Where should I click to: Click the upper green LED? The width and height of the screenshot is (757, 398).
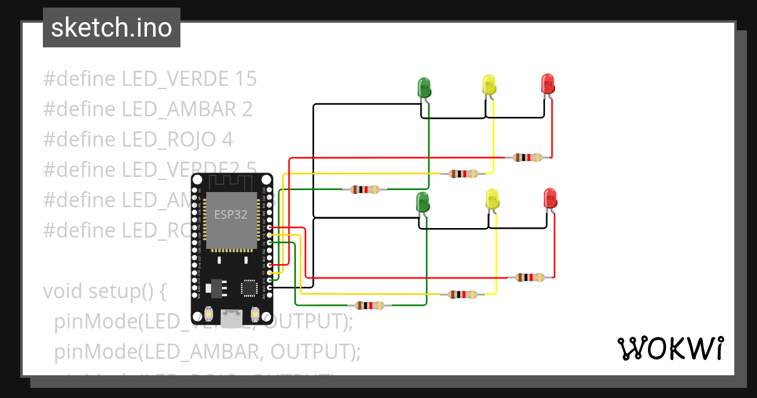coord(424,87)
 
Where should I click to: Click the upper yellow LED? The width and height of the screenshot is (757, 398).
coord(489,85)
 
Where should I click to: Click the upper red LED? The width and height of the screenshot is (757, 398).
coord(548,84)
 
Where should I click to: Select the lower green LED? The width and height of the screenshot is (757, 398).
coord(422,203)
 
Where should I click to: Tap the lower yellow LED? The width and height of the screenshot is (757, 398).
coord(492,200)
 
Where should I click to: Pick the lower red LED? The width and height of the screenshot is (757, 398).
coord(550,198)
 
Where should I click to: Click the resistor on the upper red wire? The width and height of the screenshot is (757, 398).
coord(527,157)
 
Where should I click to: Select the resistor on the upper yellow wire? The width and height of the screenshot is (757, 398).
coord(463,174)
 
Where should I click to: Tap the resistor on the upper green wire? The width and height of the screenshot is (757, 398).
coord(365,189)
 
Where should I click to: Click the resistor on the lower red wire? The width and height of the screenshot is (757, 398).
coord(529,277)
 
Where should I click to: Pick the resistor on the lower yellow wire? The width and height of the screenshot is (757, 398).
coord(463,294)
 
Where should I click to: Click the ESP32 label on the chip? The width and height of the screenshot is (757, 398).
coord(230,214)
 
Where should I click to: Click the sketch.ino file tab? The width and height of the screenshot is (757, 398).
coord(112,28)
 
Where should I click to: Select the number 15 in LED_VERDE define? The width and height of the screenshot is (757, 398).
coord(245,79)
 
